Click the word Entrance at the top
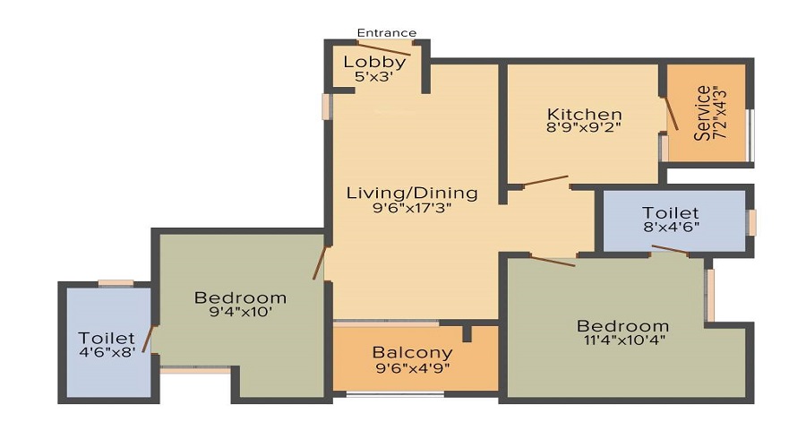[x=387, y=33]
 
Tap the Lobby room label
[x=375, y=62]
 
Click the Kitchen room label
[x=584, y=114]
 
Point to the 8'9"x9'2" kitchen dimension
[x=584, y=127]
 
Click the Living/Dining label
[x=412, y=193]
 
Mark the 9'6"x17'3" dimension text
[x=412, y=208]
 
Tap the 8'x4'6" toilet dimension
[x=670, y=228]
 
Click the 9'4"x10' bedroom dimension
[x=240, y=312]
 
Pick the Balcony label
[x=412, y=352]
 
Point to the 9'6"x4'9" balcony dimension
[x=412, y=366]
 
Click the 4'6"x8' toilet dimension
[x=107, y=352]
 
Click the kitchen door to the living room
[x=545, y=181]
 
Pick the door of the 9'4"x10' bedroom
[x=318, y=263]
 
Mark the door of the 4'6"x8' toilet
[x=149, y=340]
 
